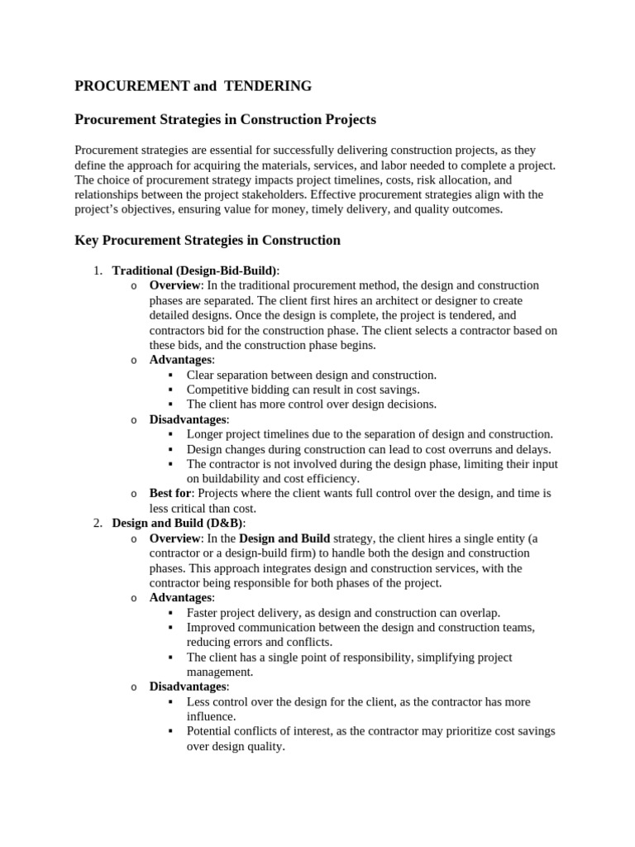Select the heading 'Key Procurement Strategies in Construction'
tap(208, 241)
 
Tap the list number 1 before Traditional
tap(96, 270)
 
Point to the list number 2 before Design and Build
tap(96, 523)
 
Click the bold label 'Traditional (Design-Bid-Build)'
tap(195, 270)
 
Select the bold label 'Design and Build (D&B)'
tap(178, 523)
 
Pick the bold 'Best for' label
tap(169, 493)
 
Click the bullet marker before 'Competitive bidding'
tap(170, 390)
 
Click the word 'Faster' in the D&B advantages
tap(203, 613)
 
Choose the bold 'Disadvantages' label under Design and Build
tap(188, 687)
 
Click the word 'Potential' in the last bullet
tap(210, 731)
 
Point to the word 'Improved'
tap(212, 628)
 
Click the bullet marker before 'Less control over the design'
tap(170, 701)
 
